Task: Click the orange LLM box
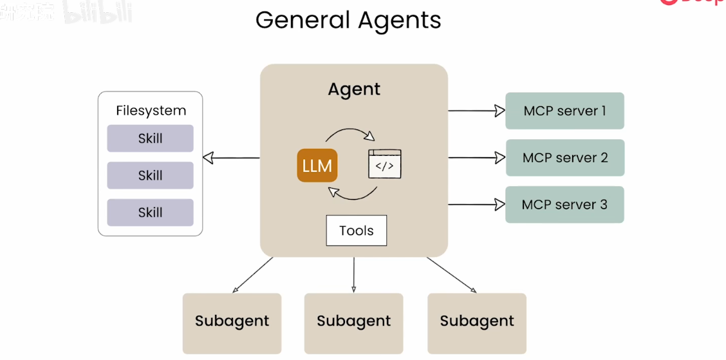[x=317, y=166]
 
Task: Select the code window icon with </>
[x=384, y=164]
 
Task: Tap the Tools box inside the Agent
[x=356, y=231]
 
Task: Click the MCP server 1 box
[x=564, y=111]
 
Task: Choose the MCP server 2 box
[x=564, y=158]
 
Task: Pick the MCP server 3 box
[x=564, y=205]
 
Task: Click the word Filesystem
[x=151, y=110]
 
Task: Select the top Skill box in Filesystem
[x=150, y=138]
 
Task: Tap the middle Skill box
[x=150, y=175]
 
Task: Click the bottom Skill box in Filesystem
[x=150, y=213]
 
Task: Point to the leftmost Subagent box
[x=232, y=321]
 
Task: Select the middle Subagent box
[x=353, y=321]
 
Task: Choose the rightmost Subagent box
[x=477, y=321]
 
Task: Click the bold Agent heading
[x=354, y=89]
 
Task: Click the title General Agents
[x=348, y=20]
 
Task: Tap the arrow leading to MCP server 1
[x=476, y=111]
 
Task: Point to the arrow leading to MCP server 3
[x=476, y=205]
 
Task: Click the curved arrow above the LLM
[x=350, y=133]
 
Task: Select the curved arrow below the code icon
[x=352, y=194]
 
